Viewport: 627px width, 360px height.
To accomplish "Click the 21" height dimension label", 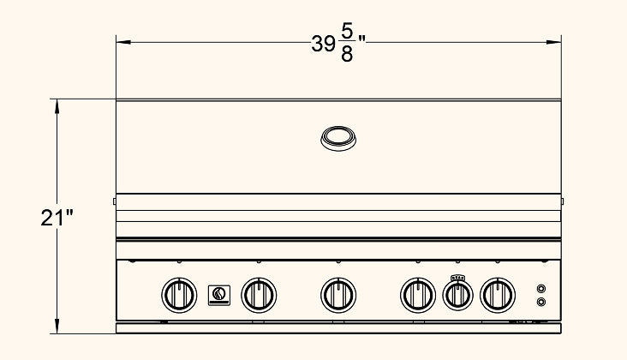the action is (x=57, y=218).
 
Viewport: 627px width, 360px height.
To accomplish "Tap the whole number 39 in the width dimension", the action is (x=323, y=44).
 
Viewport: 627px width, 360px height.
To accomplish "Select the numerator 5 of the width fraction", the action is (x=347, y=31).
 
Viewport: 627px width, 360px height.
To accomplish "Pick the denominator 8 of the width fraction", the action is (x=347, y=54).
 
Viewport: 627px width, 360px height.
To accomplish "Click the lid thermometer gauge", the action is (x=338, y=138).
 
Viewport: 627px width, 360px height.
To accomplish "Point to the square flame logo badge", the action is (x=219, y=295).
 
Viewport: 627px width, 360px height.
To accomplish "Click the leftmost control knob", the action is (x=179, y=295).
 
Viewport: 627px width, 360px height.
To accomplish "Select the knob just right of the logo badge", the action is (x=259, y=295).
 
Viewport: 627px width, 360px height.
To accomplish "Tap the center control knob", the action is (x=338, y=295).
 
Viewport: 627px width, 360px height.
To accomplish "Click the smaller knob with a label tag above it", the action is (x=458, y=296).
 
